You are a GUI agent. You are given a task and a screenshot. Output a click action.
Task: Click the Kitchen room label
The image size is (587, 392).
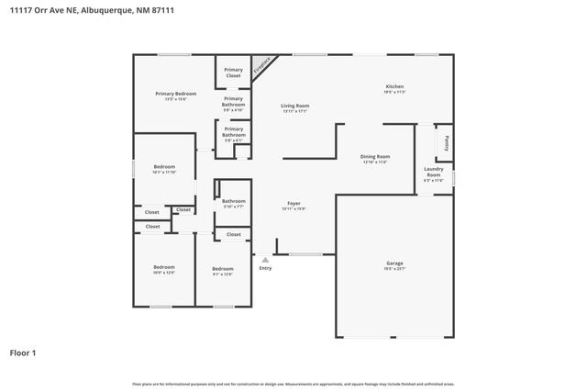(394, 86)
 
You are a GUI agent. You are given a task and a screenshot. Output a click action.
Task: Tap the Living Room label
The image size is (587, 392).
(294, 106)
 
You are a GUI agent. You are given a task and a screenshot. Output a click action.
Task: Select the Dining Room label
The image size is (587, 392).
(375, 156)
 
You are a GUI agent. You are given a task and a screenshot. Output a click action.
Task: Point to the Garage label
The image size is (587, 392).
(394, 263)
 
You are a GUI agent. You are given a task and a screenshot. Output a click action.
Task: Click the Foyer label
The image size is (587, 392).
(293, 203)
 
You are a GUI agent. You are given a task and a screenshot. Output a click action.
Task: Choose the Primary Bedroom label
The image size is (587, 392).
(176, 94)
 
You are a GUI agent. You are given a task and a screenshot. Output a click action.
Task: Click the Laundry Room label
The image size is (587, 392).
(433, 172)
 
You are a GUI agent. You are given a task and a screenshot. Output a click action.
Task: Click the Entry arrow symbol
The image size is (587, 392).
(265, 260)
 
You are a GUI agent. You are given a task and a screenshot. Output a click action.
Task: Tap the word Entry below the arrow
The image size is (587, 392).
(265, 268)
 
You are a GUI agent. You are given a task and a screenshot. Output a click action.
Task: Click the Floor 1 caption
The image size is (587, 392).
(23, 353)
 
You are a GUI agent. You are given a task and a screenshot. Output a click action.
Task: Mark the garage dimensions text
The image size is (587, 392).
(394, 270)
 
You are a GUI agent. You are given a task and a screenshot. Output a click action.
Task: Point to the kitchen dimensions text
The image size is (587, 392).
(394, 93)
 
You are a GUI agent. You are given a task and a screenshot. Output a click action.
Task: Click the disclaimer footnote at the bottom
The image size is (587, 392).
(293, 384)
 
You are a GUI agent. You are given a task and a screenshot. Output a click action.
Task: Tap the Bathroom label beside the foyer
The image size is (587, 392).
(234, 201)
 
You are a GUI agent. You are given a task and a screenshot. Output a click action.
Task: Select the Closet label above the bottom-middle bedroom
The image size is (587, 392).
(234, 234)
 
